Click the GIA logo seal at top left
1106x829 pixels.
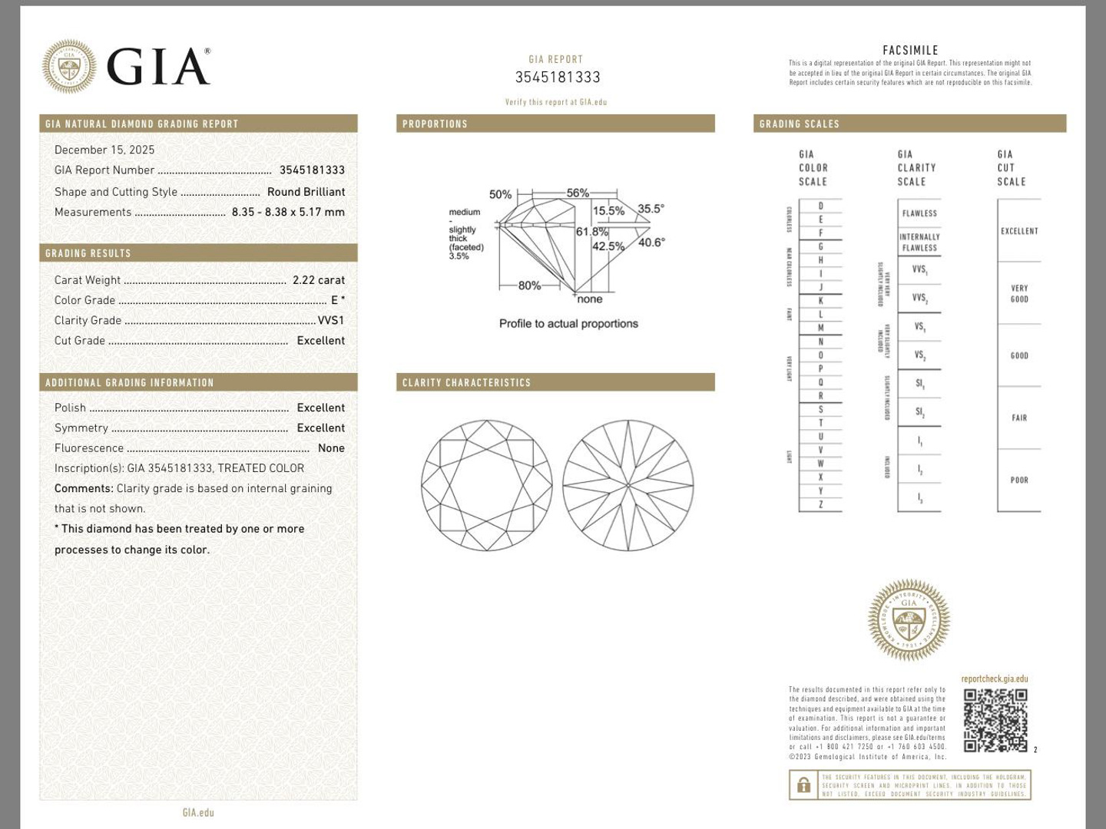pyautogui.click(x=69, y=67)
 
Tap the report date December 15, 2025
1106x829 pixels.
pyautogui.click(x=104, y=150)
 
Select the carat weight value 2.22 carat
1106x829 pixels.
pyautogui.click(x=318, y=280)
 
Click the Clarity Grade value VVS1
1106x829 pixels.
pyautogui.click(x=331, y=320)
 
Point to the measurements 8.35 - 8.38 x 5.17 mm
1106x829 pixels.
pyautogui.click(x=288, y=212)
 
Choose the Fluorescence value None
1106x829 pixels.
pyautogui.click(x=331, y=448)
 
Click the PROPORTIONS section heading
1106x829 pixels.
pyautogui.click(x=435, y=124)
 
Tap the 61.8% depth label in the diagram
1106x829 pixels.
pyautogui.click(x=592, y=231)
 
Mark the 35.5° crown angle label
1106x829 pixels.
pyautogui.click(x=651, y=209)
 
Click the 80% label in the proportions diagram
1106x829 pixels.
pyautogui.click(x=529, y=286)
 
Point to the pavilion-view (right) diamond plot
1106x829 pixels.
pyautogui.click(x=628, y=485)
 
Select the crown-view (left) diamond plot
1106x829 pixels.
pyautogui.click(x=487, y=485)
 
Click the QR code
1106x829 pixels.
pyautogui.click(x=995, y=720)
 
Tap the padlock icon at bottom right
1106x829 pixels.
pyautogui.click(x=803, y=785)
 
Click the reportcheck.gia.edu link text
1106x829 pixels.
pyautogui.click(x=994, y=679)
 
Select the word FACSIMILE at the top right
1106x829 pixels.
pyautogui.click(x=910, y=51)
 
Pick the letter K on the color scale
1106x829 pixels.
pyautogui.click(x=820, y=301)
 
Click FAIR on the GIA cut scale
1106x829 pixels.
pyautogui.click(x=1019, y=418)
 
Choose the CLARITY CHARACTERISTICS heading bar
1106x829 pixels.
pyautogui.click(x=466, y=382)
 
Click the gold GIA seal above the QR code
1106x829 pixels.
pyautogui.click(x=909, y=619)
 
